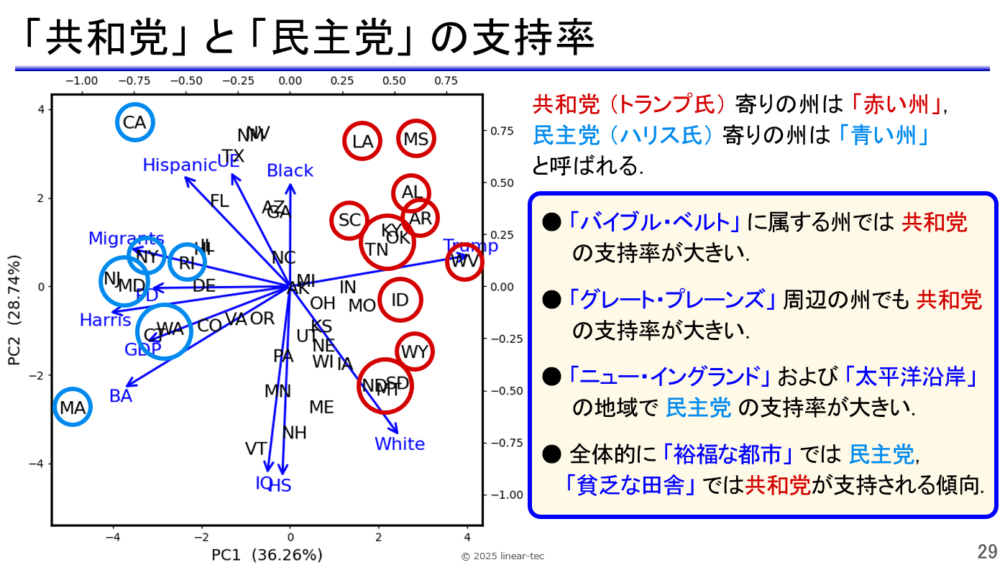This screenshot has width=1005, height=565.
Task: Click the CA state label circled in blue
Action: [x=134, y=123]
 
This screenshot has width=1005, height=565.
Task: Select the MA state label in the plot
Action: [x=73, y=408]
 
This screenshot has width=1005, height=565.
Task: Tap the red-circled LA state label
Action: [x=362, y=142]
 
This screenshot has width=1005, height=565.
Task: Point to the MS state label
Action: [x=416, y=139]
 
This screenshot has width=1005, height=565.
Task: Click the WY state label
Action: [x=414, y=352]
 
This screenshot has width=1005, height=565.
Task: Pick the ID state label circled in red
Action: [x=400, y=300]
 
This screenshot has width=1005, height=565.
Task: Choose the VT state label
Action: [x=256, y=449]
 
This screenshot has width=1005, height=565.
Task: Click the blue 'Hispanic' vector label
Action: [x=179, y=165]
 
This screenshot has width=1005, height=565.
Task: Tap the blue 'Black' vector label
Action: [x=290, y=171]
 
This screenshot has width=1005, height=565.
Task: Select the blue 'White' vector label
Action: [x=400, y=444]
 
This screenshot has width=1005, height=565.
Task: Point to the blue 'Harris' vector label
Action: [x=105, y=321]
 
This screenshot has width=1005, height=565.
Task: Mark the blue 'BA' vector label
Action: [x=121, y=396]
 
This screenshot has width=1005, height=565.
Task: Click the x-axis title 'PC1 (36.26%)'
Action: [x=267, y=555]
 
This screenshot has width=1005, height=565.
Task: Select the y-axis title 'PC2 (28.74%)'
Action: [x=14, y=309]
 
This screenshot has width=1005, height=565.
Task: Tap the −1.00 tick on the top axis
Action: [x=81, y=81]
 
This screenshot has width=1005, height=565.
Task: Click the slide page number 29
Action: [x=987, y=552]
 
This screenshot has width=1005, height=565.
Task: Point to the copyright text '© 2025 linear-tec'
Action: [x=502, y=556]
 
